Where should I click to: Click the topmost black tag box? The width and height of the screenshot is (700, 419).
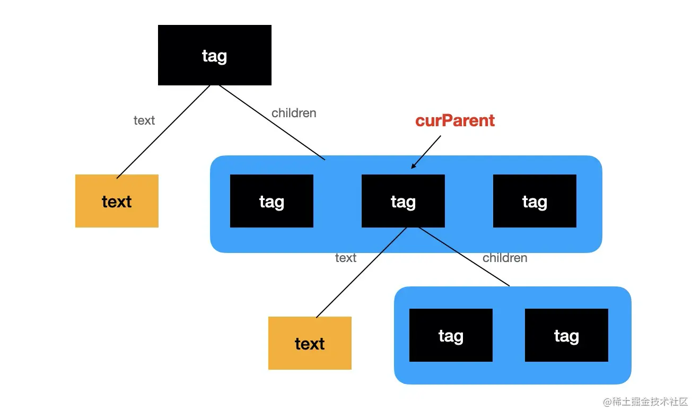tap(215, 55)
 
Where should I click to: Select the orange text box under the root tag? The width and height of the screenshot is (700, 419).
tap(117, 201)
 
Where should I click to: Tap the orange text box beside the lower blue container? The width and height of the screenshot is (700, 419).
tap(310, 343)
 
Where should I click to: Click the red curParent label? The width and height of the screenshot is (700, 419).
tap(455, 120)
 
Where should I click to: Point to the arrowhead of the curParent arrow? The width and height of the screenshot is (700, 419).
tap(412, 168)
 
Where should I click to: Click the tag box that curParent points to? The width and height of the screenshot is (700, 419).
tap(403, 201)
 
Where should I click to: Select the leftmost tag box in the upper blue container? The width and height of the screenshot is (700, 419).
tap(272, 201)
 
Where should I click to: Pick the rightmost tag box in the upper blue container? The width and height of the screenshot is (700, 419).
tap(535, 201)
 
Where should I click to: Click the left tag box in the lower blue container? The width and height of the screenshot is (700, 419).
tap(451, 335)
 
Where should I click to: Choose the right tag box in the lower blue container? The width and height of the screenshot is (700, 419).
tap(566, 335)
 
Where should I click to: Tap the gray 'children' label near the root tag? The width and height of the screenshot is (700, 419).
tap(294, 113)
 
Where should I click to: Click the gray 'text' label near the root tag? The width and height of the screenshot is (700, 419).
tap(144, 120)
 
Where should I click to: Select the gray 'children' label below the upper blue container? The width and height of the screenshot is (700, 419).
tap(505, 258)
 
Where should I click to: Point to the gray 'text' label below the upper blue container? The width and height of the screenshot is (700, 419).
tap(346, 258)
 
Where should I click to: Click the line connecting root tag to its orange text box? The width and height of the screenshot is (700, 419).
tap(163, 132)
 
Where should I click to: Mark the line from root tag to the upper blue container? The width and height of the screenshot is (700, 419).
tap(272, 123)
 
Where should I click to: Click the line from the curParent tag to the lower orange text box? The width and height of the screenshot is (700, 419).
tap(361, 273)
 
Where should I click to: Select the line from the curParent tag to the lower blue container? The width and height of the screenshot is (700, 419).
tap(463, 257)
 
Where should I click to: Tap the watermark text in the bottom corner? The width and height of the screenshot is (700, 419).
tap(645, 402)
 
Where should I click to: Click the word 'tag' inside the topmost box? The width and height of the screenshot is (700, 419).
tap(214, 56)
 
